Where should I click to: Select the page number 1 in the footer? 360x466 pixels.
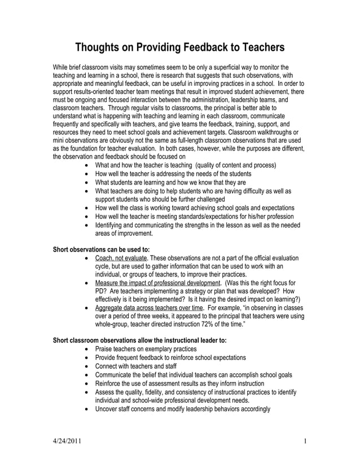[304, 441]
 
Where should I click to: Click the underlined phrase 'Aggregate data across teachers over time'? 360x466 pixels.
[149, 307]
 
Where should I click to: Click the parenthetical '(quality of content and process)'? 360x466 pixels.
[235, 165]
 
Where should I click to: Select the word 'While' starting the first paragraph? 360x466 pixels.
[61, 66]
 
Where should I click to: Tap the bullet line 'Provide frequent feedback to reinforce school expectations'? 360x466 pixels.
[170, 358]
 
